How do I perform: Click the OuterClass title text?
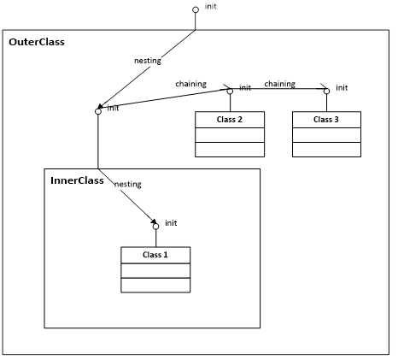(x=37, y=42)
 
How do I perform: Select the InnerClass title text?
(x=77, y=180)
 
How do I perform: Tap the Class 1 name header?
(x=155, y=255)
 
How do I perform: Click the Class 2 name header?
(x=230, y=120)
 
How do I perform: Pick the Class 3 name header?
(x=326, y=120)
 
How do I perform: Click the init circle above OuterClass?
(x=196, y=10)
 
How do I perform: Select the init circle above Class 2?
(x=230, y=91)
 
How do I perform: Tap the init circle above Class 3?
(x=327, y=91)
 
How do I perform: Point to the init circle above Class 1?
(x=155, y=227)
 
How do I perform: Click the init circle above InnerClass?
(x=98, y=111)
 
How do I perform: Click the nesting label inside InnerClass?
(x=128, y=185)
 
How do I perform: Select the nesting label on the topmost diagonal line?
(x=148, y=61)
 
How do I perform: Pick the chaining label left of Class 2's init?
(x=191, y=84)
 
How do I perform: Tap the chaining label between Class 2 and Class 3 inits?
(x=280, y=84)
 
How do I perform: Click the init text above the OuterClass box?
(x=211, y=6)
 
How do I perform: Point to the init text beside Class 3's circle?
(x=342, y=88)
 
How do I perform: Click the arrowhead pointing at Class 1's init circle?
(x=154, y=221)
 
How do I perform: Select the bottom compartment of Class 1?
(x=155, y=285)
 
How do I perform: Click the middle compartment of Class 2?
(x=230, y=135)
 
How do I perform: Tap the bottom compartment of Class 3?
(x=326, y=150)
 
